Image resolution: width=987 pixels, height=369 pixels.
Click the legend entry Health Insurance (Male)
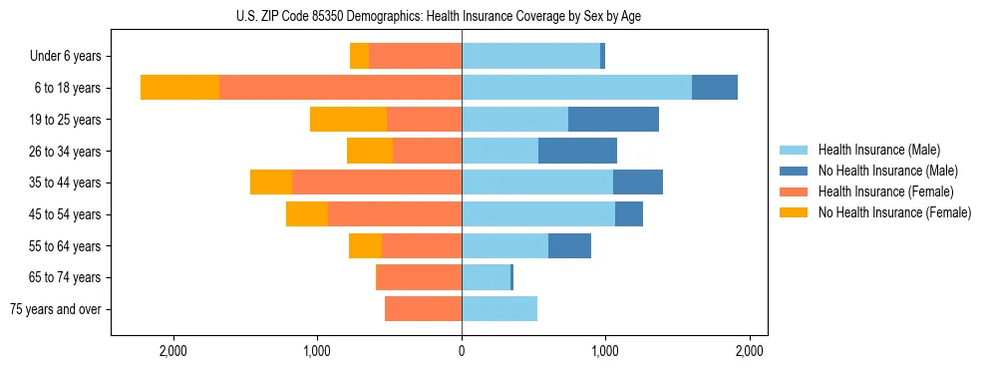(878, 150)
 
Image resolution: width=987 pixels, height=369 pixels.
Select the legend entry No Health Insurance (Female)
(894, 212)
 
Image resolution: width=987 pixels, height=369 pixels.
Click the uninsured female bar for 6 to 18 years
(180, 88)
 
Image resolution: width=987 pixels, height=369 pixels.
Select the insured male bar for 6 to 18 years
(576, 88)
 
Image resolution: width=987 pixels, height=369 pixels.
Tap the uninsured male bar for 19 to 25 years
(613, 120)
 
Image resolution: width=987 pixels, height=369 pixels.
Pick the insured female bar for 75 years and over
(423, 309)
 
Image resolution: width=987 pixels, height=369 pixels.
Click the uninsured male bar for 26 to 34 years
(577, 152)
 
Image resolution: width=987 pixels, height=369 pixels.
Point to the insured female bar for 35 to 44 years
(377, 183)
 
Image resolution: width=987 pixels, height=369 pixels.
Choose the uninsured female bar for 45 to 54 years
(307, 214)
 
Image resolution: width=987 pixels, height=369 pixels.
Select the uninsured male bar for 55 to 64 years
(569, 246)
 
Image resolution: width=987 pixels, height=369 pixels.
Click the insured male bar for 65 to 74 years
(486, 277)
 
